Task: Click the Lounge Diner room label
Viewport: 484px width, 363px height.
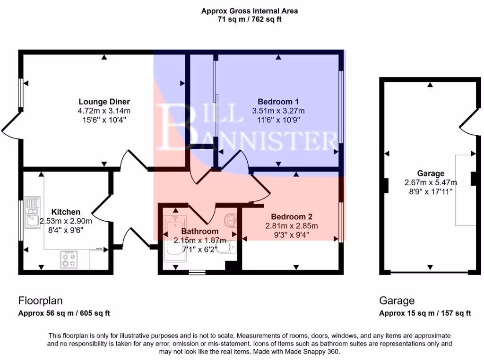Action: [x=104, y=102]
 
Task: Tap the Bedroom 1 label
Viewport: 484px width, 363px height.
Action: [x=278, y=102]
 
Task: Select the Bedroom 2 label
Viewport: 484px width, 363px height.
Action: [x=292, y=217]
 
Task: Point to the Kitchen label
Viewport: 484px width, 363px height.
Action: [x=66, y=212]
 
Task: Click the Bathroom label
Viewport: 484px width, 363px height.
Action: [x=199, y=231]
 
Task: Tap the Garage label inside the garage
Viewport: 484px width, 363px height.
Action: [x=431, y=173]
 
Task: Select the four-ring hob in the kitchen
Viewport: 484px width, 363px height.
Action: [x=69, y=259]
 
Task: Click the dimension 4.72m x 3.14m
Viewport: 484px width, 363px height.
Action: [x=104, y=111]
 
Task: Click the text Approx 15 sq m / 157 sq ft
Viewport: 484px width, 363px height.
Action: [x=425, y=313]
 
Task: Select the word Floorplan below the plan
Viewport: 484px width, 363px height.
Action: [x=40, y=301]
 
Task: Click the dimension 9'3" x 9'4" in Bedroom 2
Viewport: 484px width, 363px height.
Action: [x=291, y=234]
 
